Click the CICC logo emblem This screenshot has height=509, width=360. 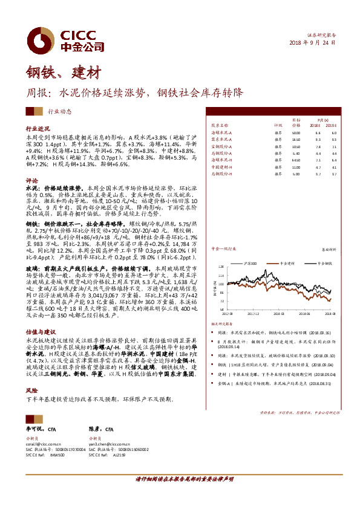[x=42, y=41]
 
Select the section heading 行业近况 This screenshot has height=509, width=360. [x=38, y=129]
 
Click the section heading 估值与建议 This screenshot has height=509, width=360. [x=41, y=332]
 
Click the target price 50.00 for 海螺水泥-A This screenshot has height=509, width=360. [x=296, y=132]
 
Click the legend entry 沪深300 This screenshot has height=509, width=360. [x=250, y=264]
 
